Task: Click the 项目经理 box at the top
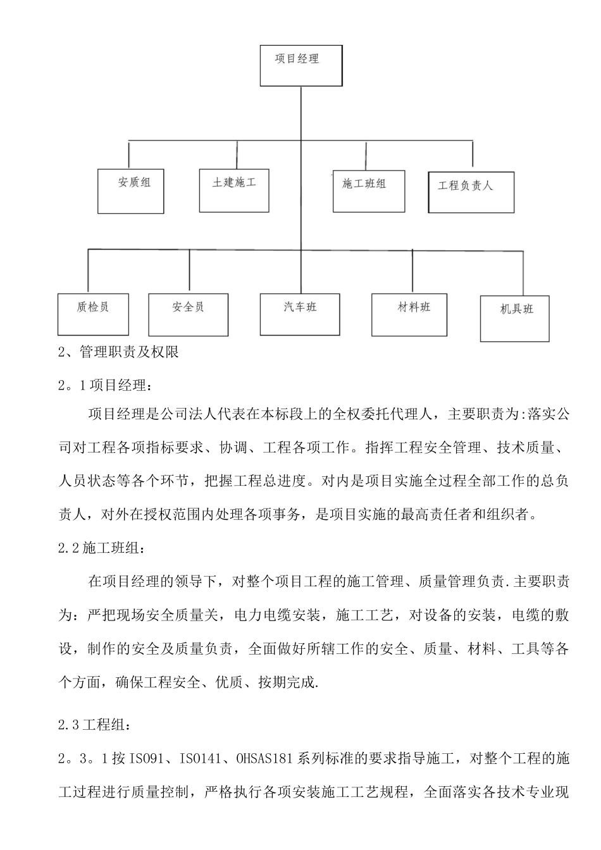pos(300,65)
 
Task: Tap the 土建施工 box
pos(234,190)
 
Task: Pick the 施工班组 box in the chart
pos(368,191)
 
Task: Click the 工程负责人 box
pos(470,192)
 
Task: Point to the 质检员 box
pos(93,314)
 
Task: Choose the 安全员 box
pos(188,314)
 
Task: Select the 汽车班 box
pos(300,314)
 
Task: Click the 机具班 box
pos(514,318)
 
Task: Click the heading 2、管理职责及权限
pos(118,352)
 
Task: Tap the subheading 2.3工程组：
pos(96,725)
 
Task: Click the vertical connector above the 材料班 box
pos(412,272)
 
